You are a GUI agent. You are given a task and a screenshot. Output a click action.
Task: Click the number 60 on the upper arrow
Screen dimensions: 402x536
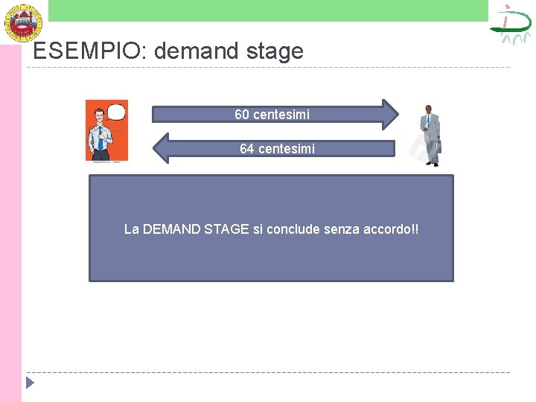242,115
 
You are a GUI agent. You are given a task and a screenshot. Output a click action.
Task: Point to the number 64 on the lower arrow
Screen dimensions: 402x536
247,149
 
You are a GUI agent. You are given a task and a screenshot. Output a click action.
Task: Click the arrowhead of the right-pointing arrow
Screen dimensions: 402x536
389,114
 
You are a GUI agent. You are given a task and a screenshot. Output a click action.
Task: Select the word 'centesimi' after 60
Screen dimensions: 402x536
281,115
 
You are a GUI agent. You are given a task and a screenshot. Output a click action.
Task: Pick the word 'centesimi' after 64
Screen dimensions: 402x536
287,149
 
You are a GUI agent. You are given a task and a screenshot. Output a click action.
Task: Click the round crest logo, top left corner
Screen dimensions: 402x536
23,22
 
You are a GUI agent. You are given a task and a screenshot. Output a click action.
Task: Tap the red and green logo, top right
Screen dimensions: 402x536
511,24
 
